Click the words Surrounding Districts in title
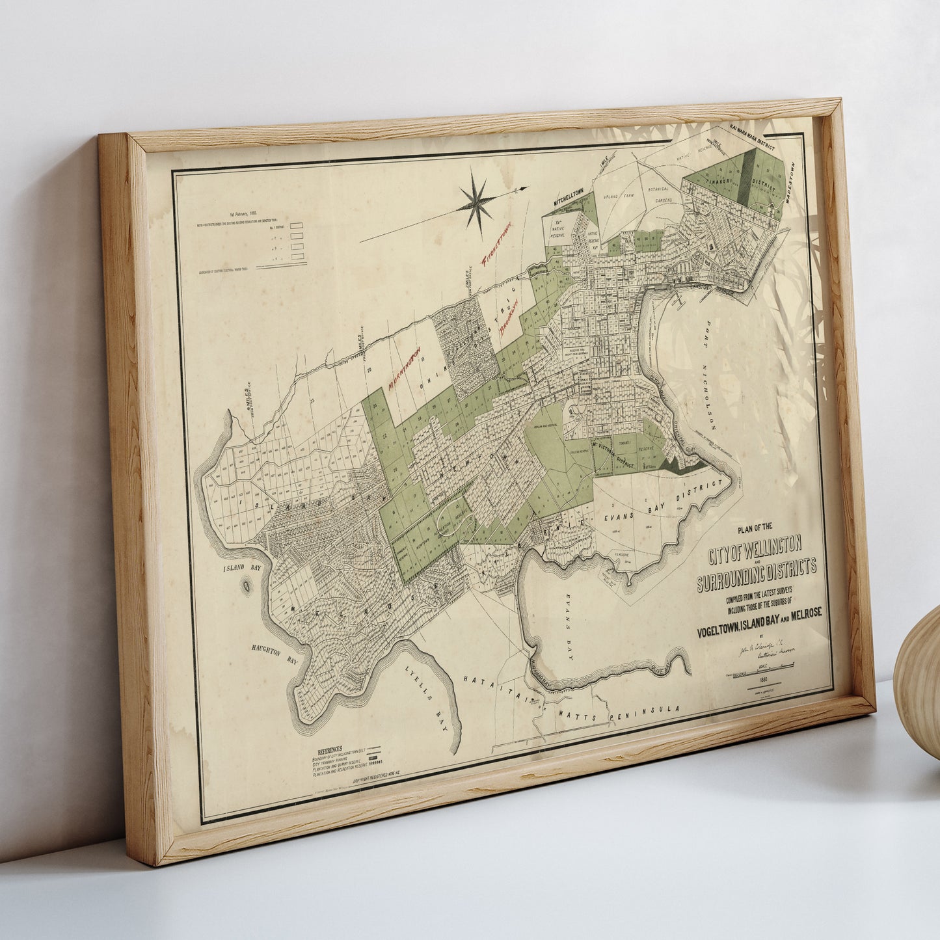pos(756,574)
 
